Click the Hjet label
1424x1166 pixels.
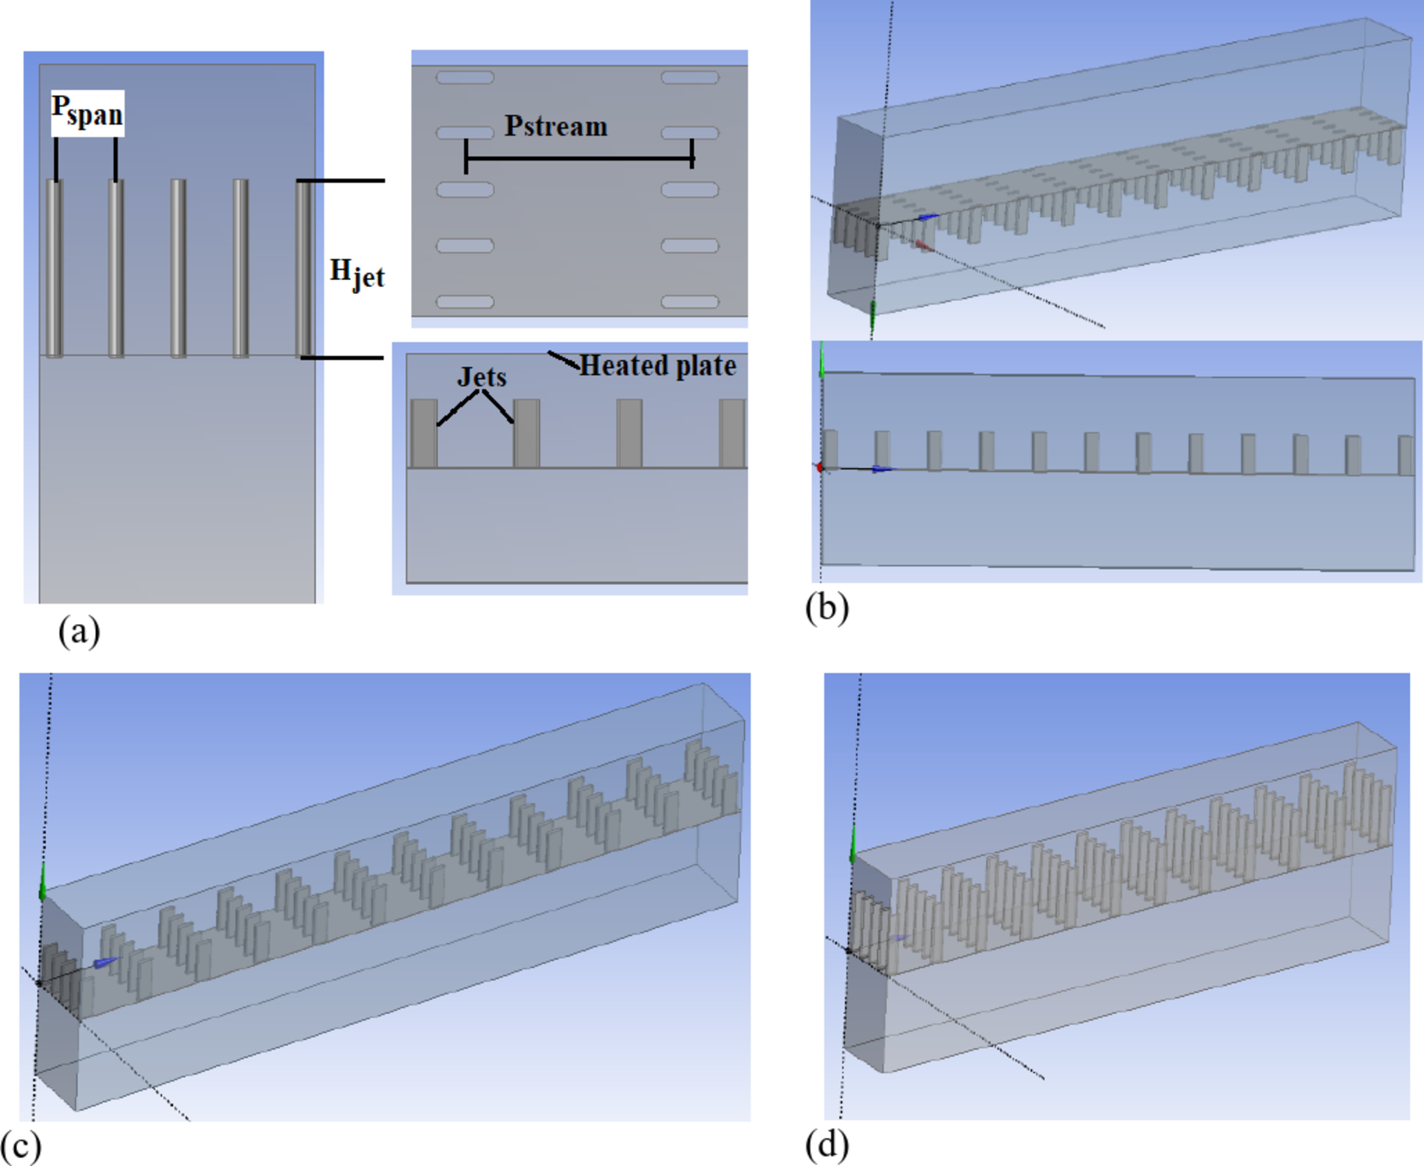pos(357,274)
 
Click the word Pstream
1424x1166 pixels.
pos(555,126)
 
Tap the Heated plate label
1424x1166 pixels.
pos(657,366)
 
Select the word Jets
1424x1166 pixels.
pos(482,377)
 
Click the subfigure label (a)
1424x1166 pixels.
pos(80,631)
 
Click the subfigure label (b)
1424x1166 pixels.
pos(827,608)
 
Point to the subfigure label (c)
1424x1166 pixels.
pos(21,1146)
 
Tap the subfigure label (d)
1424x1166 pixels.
pos(827,1145)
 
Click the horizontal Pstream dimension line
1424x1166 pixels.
pos(579,158)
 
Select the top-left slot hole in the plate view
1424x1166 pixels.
pos(465,77)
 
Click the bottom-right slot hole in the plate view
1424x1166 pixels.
pos(689,302)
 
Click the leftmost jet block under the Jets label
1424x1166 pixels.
pos(423,434)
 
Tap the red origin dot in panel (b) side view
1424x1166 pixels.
pos(820,467)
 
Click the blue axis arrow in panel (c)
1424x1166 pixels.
pos(105,962)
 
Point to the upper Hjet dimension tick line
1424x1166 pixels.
pos(341,181)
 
